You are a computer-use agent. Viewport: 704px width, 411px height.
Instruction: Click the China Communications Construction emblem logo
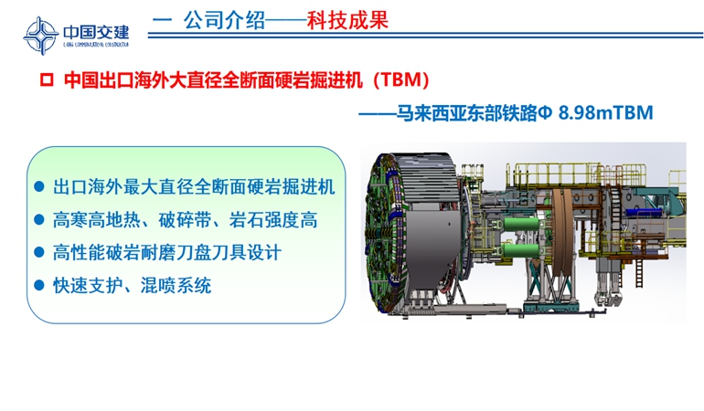pos(40,36)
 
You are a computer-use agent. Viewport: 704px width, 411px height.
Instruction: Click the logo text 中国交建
pos(96,32)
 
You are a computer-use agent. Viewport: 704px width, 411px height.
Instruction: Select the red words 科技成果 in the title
pos(347,20)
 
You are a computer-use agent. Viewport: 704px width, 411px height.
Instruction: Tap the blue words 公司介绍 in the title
pos(224,20)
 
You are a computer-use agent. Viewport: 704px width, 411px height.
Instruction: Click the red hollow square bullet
pos(47,80)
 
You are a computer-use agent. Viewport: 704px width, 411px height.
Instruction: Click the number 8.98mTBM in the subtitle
pos(605,112)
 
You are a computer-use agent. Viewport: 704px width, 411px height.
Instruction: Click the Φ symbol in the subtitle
pos(544,112)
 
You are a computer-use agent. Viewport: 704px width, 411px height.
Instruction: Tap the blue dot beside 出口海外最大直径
pos(39,186)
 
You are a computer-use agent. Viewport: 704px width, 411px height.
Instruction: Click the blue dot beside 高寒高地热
pos(39,219)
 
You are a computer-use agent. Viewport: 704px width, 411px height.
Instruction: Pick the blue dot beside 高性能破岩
pos(39,252)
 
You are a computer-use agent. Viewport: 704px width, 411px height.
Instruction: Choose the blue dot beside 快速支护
pos(39,285)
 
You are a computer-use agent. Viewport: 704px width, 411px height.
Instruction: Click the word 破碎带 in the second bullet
pos(185,220)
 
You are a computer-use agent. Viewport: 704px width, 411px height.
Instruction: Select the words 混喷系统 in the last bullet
pos(176,285)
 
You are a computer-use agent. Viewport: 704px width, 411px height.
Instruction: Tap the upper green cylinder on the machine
pos(521,223)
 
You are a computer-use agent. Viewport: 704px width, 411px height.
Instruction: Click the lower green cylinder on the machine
pos(521,250)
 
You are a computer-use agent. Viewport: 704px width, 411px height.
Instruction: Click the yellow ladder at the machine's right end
pos(639,272)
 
